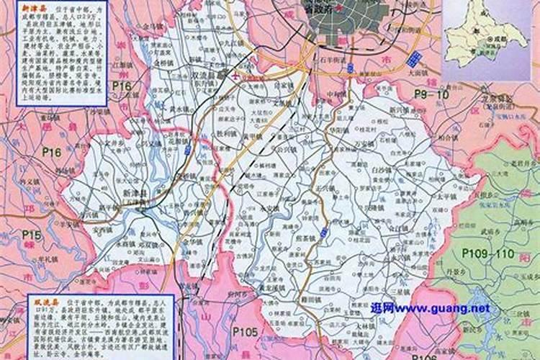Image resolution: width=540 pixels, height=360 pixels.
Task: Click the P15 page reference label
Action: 31,235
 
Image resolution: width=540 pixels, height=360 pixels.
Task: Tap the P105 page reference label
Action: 245,330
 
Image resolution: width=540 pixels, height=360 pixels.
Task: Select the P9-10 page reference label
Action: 431,94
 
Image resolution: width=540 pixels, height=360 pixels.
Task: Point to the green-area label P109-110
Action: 488,253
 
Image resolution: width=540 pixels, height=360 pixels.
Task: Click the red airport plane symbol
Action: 235,74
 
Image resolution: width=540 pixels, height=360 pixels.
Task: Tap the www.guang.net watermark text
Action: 431,308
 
